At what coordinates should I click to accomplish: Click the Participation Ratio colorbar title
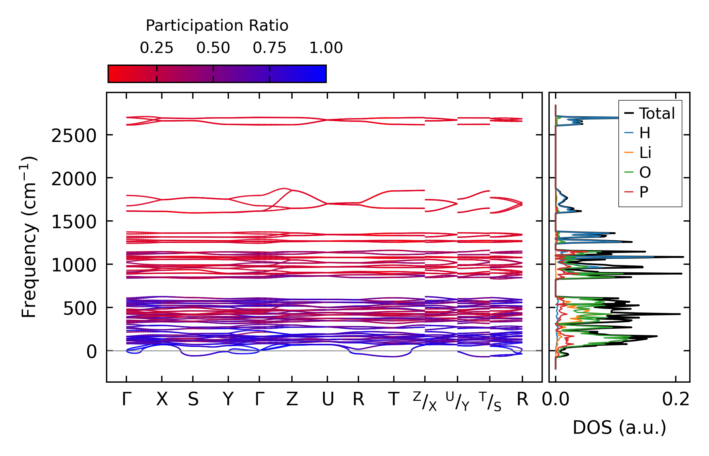pos(217,26)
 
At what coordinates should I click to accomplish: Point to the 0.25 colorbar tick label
pos(156,48)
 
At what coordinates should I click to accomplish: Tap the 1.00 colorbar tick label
pos(326,48)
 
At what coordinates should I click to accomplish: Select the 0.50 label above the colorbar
pos(213,48)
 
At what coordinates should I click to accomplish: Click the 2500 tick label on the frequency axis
pos(74,136)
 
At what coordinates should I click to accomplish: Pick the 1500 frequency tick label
pos(74,222)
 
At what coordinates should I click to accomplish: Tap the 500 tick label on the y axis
pos(80,309)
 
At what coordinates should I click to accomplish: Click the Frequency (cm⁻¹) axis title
pos(29,237)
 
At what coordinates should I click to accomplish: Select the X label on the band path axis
pos(162,400)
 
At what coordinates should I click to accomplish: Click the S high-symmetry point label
pos(193,400)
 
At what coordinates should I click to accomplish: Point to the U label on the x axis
pos(327,400)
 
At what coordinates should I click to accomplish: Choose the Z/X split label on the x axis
pos(425,401)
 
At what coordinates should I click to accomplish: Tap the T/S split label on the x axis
pos(490,401)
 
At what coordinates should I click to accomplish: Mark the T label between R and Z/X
pos(394,400)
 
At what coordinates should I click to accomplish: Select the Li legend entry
pos(645,153)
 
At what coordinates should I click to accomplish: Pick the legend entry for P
pos(643,192)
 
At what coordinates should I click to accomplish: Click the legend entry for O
pos(645,172)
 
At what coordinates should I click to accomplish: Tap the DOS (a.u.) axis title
pos(619,427)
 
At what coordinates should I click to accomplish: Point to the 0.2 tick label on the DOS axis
pos(675,400)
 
